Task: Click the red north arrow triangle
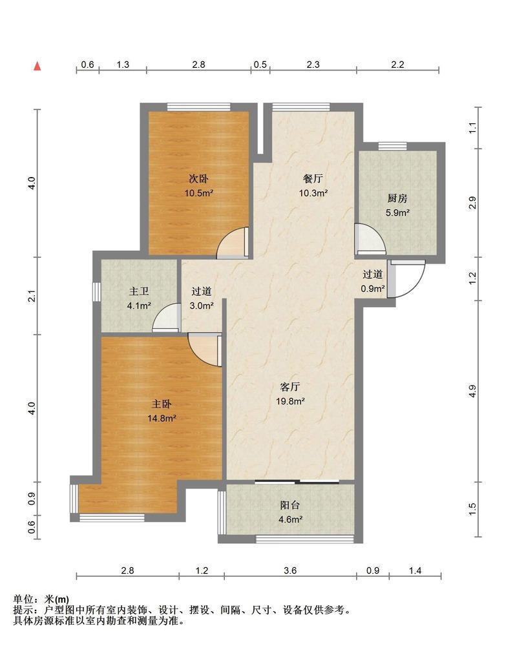(37, 66)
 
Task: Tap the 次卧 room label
(198, 179)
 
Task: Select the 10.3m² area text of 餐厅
(313, 193)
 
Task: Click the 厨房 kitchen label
(397, 198)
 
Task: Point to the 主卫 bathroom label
(139, 291)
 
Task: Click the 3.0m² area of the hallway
(202, 306)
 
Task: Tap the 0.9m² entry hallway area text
(373, 288)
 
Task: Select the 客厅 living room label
(290, 387)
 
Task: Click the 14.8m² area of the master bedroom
(162, 418)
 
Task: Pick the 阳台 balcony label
(290, 505)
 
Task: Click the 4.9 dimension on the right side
(472, 391)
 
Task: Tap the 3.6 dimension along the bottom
(290, 570)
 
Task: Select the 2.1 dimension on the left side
(32, 296)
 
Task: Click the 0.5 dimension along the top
(260, 65)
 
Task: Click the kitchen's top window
(392, 146)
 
